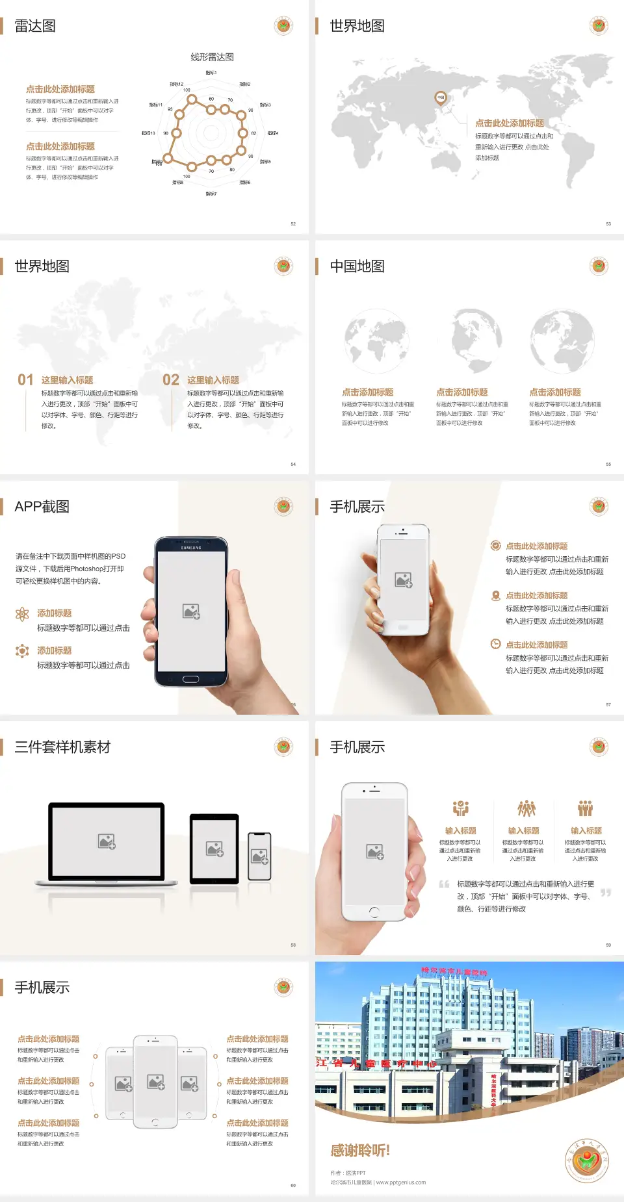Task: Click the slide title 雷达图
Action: coord(35,26)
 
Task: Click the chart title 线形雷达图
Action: coord(212,57)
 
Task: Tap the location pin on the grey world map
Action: coord(440,98)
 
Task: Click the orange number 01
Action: coord(25,380)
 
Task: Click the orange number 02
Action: coord(171,380)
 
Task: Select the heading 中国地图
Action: coord(357,266)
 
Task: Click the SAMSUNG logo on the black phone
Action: coord(191,548)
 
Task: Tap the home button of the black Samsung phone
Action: coord(190,679)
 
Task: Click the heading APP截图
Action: coord(42,507)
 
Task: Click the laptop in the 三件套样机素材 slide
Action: coord(107,843)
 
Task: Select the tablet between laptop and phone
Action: coord(214,848)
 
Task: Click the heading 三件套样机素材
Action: coord(62,747)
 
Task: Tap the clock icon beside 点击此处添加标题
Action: coord(495,644)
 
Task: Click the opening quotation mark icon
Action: coord(444,884)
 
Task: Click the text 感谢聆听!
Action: coord(360,1151)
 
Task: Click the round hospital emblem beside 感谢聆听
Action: coord(587,1161)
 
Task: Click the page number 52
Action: coord(293,224)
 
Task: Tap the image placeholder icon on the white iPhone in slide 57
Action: coord(404,580)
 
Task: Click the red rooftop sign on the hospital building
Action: coord(454,972)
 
